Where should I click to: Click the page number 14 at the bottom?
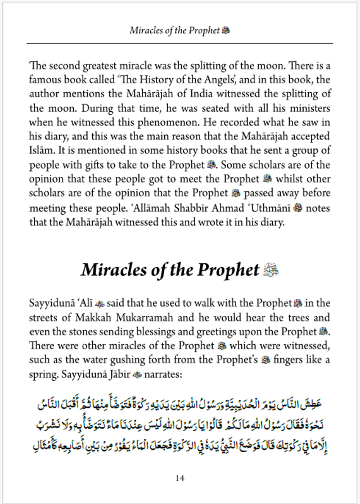click(x=179, y=478)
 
